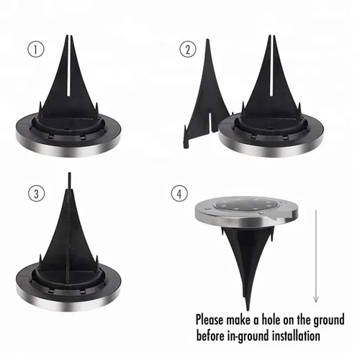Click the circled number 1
(x=32, y=49)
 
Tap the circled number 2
(x=189, y=49)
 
